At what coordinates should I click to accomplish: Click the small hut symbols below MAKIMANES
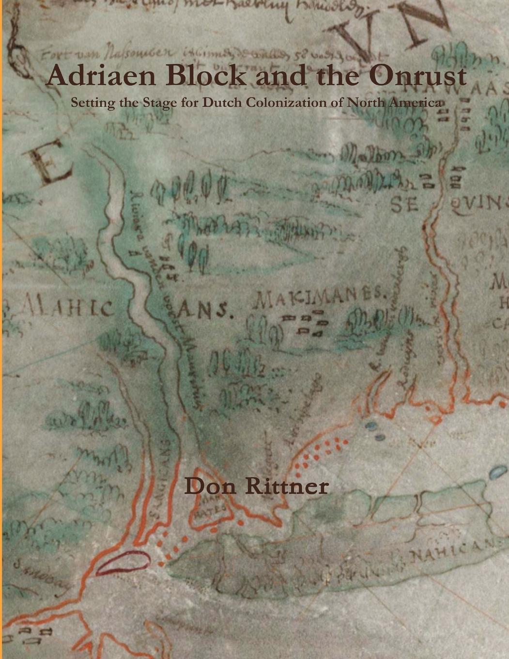[x=307, y=324]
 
